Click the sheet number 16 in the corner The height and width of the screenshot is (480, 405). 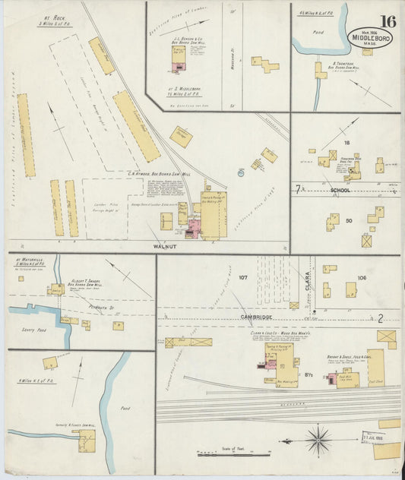(388, 21)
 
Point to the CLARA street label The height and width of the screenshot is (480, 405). (308, 283)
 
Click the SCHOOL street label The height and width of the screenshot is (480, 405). (340, 190)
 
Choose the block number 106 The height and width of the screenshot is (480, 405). (362, 278)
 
